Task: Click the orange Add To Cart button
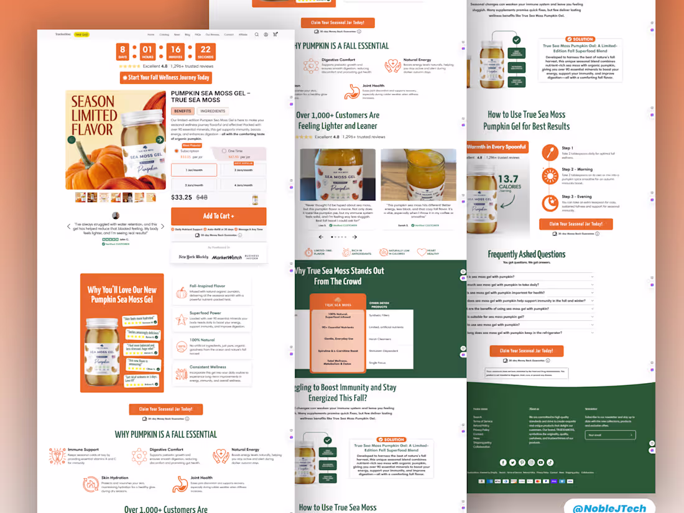218,216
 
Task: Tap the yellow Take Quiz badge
81,35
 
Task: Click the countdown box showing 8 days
123,52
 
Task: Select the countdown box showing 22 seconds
205,52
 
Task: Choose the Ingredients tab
213,111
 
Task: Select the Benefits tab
183,111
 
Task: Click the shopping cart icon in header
275,35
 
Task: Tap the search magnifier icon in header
256,35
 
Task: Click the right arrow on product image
160,140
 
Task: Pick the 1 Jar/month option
194,170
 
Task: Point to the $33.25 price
182,197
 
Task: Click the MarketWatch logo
226,257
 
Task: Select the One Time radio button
224,151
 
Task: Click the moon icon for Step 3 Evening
550,203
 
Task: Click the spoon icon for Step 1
550,152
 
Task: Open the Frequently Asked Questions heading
526,254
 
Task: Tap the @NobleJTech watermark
609,507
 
